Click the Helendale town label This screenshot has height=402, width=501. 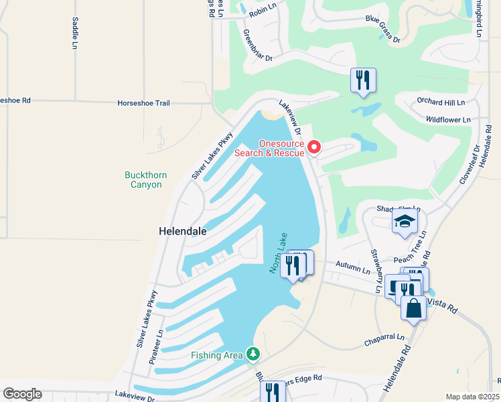click(x=182, y=230)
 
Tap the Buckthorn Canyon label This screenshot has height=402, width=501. click(x=146, y=180)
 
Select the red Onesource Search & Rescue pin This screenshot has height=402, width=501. click(x=313, y=146)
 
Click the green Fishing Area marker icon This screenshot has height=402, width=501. click(x=253, y=353)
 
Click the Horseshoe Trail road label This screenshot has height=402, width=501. click(x=144, y=103)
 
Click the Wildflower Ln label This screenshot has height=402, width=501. click(x=449, y=119)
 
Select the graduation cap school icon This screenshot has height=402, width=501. click(x=405, y=221)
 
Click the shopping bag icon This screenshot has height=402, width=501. click(x=414, y=308)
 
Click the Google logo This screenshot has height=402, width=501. click(x=22, y=393)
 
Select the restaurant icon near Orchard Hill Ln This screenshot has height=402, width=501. click(x=363, y=80)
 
